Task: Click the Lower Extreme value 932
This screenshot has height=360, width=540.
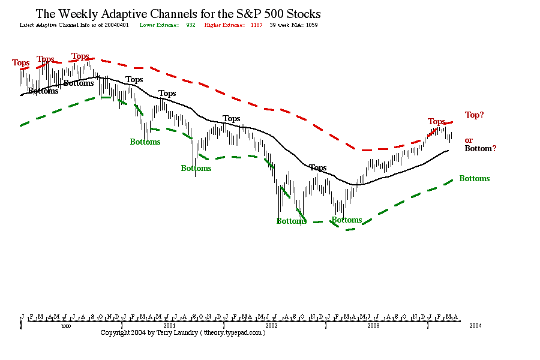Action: [x=191, y=25]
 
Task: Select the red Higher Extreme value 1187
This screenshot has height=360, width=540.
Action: [x=256, y=25]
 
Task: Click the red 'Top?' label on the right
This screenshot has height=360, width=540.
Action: [x=474, y=115]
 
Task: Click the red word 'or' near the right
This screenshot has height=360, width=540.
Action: [x=469, y=140]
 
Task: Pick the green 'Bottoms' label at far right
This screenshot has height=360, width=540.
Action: [x=474, y=178]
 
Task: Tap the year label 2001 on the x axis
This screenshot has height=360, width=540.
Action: [x=169, y=325]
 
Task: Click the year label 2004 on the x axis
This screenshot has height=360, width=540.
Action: [x=475, y=325]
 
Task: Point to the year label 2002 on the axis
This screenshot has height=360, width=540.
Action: [x=271, y=325]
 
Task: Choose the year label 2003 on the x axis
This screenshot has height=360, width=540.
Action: [x=373, y=325]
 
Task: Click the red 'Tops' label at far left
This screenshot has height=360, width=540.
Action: [x=20, y=62]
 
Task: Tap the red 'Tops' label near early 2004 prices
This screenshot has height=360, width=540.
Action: [x=436, y=121]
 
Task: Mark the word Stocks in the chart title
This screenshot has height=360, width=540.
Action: [x=302, y=14]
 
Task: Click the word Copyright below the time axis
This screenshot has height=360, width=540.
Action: [x=116, y=332]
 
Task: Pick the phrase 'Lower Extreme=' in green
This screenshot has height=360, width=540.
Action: [x=159, y=25]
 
